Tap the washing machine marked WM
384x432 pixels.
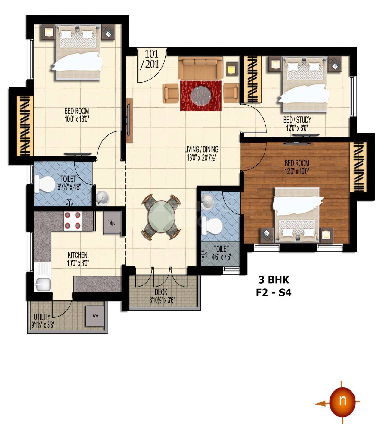95,316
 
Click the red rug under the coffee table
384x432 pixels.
201,96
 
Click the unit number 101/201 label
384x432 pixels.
152,59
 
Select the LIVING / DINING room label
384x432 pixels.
201,149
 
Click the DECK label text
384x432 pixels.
161,292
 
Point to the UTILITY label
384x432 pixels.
42,317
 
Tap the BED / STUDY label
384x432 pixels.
297,120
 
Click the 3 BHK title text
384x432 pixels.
274,280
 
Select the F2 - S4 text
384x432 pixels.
274,293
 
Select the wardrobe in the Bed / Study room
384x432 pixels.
253,79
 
